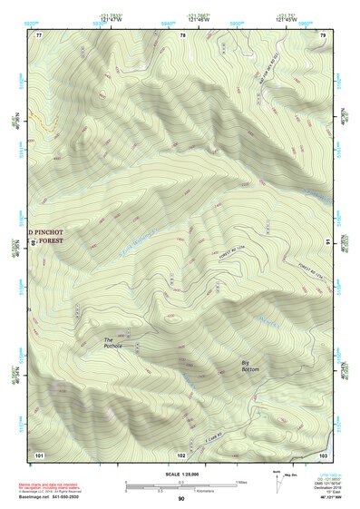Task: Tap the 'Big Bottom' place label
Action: pyautogui.click(x=249, y=367)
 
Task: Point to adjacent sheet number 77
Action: pyautogui.click(x=39, y=34)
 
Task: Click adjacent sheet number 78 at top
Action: pyautogui.click(x=183, y=34)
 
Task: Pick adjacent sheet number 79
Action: pyautogui.click(x=323, y=34)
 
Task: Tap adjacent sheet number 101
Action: pyautogui.click(x=39, y=454)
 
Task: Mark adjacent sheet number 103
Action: pyautogui.click(x=323, y=454)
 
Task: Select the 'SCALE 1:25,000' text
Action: pyautogui.click(x=181, y=474)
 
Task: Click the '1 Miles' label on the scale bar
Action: pyautogui.click(x=240, y=481)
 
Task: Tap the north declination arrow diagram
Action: pyautogui.click(x=277, y=483)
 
